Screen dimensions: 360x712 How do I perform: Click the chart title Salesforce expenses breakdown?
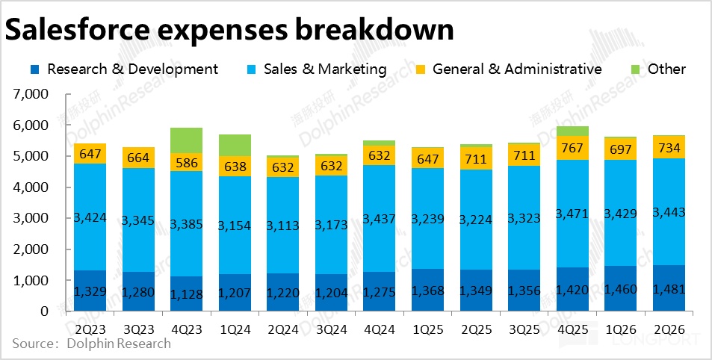pyautogui.click(x=230, y=30)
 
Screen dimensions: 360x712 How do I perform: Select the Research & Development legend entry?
pyautogui.click(x=132, y=69)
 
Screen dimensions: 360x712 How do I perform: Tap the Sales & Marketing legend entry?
pyautogui.click(x=324, y=69)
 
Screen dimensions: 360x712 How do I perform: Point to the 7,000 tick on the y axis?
pyautogui.click(x=31, y=95)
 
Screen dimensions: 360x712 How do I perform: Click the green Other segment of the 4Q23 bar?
pyautogui.click(x=187, y=140)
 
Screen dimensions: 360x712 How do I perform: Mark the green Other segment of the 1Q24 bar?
pyautogui.click(x=235, y=145)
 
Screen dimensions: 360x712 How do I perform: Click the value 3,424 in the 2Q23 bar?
pyautogui.click(x=90, y=219)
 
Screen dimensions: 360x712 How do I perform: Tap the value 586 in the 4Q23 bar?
pyautogui.click(x=187, y=162)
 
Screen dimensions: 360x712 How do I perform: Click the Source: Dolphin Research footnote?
pyautogui.click(x=91, y=344)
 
